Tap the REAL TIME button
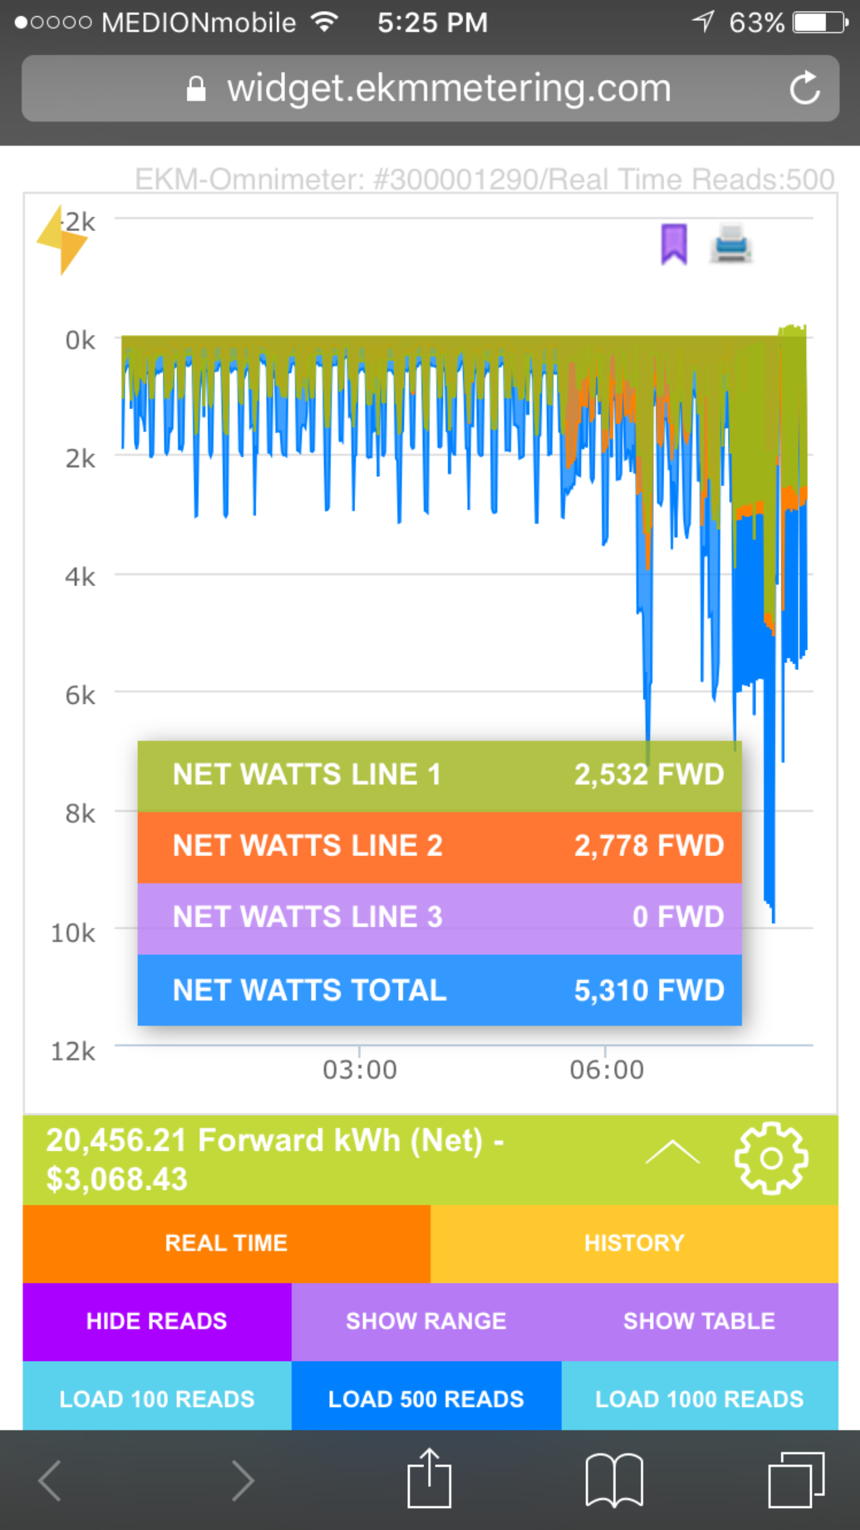[x=226, y=1243]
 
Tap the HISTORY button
[x=634, y=1243]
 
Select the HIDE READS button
[x=157, y=1321]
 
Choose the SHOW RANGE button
[x=426, y=1321]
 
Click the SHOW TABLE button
[x=699, y=1321]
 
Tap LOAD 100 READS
[x=157, y=1399]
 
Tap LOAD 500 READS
[x=426, y=1399]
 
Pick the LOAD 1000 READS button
[x=699, y=1399]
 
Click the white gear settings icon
[x=771, y=1158]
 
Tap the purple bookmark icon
[x=674, y=245]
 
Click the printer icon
[x=731, y=245]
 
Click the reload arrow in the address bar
[x=805, y=88]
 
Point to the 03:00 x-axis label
[x=360, y=1070]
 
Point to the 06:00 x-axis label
[x=606, y=1070]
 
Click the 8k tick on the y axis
[x=80, y=814]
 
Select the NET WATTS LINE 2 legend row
[x=439, y=846]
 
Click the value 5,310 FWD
[x=649, y=990]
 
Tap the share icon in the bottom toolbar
[x=429, y=1479]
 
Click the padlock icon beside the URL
[x=196, y=89]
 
